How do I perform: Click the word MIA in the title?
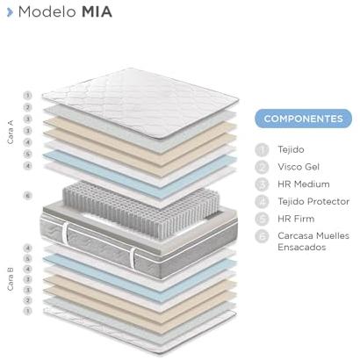pyautogui.click(x=97, y=12)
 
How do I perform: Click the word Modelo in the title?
pyautogui.click(x=47, y=12)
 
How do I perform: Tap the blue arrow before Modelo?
pyautogui.click(x=10, y=12)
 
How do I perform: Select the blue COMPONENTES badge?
pyautogui.click(x=303, y=119)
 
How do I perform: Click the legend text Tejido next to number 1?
pyautogui.click(x=291, y=149)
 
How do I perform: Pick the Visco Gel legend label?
pyautogui.click(x=299, y=167)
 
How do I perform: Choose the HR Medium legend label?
pyautogui.click(x=304, y=184)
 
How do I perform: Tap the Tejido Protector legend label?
pyautogui.click(x=313, y=201)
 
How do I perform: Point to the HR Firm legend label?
pyautogui.click(x=296, y=219)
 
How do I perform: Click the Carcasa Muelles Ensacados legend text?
pyautogui.click(x=313, y=241)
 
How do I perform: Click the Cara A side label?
pyautogui.click(x=11, y=132)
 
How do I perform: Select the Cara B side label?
pyautogui.click(x=11, y=279)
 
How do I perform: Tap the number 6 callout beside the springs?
pyautogui.click(x=27, y=195)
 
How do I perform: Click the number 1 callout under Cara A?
pyautogui.click(x=27, y=96)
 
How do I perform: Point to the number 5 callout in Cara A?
pyautogui.click(x=27, y=154)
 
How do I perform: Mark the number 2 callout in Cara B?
pyautogui.click(x=27, y=300)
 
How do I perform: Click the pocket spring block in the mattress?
pyautogui.click(x=141, y=206)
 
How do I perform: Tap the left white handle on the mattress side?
pyautogui.click(x=65, y=233)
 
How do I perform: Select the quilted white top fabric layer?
pyautogui.click(x=140, y=103)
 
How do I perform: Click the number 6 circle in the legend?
pyautogui.click(x=262, y=236)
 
